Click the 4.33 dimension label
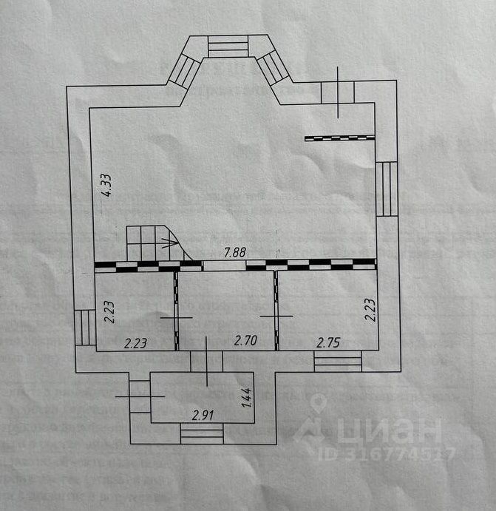tap(106, 184)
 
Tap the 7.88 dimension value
tap(235, 251)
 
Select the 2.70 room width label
tap(245, 341)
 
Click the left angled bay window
tap(181, 72)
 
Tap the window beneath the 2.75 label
tap(338, 362)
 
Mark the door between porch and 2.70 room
tap(207, 362)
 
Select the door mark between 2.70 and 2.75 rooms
tap(276, 317)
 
